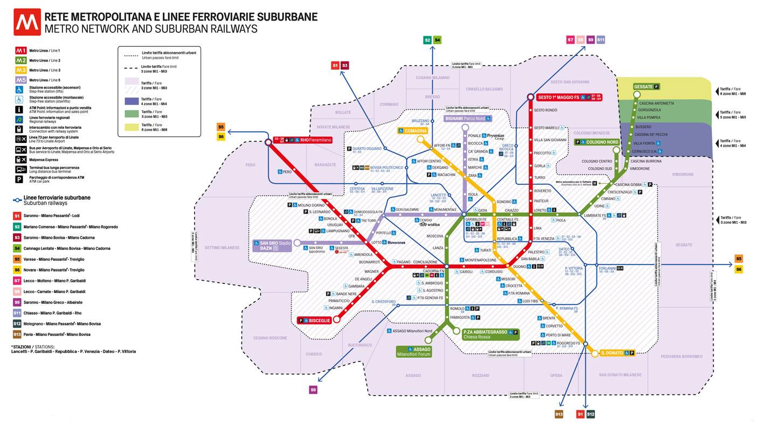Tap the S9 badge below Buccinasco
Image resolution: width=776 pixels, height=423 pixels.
pos(313,390)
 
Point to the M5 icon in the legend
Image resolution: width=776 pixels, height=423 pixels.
pos(20,80)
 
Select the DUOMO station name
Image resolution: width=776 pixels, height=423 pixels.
pos(519,267)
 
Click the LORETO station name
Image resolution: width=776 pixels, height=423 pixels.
pos(540,210)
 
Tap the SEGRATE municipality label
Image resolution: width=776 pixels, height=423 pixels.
pos(683,245)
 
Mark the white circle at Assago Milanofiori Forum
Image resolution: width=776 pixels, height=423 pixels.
pos(428,340)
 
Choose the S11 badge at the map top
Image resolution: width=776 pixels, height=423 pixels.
pos(600,39)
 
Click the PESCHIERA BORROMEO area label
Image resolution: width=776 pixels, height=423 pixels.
pos(682,356)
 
